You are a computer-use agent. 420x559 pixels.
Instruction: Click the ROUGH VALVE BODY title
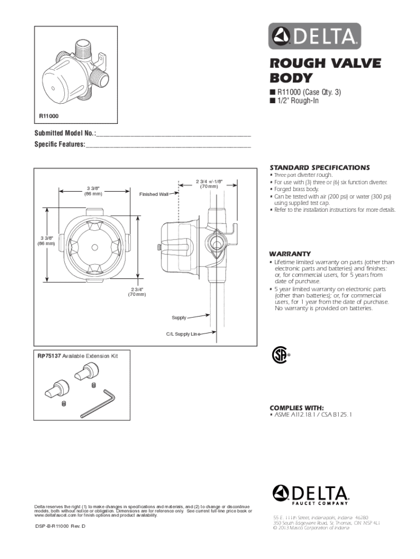317,70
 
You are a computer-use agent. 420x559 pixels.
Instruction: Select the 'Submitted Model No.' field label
65,133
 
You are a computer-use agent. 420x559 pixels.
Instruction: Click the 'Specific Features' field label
59,145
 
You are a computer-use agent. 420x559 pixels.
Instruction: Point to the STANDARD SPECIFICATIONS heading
319,168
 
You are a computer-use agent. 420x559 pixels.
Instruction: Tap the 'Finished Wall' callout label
154,194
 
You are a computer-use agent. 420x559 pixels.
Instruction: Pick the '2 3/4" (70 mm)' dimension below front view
137,292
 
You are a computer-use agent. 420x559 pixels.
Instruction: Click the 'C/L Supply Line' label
180,334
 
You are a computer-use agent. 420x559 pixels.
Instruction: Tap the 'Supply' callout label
179,317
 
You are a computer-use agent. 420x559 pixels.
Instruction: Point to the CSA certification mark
279,355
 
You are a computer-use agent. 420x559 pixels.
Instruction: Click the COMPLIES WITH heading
296,408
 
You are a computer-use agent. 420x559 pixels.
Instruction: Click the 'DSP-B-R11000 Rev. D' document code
59,525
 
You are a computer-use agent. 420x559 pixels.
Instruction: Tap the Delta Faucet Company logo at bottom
310,495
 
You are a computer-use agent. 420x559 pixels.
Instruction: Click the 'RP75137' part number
49,356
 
